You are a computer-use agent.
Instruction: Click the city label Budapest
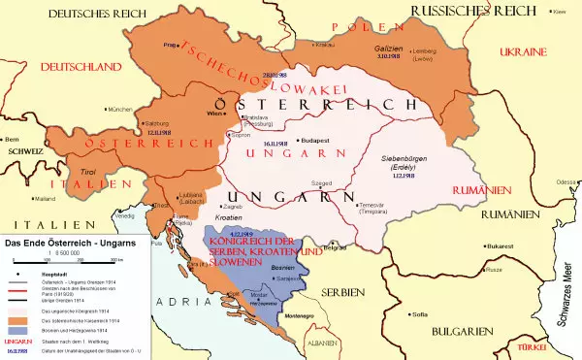pos(321,140)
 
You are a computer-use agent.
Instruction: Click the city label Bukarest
pos(479,246)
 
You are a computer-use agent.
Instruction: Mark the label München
pos(120,110)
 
